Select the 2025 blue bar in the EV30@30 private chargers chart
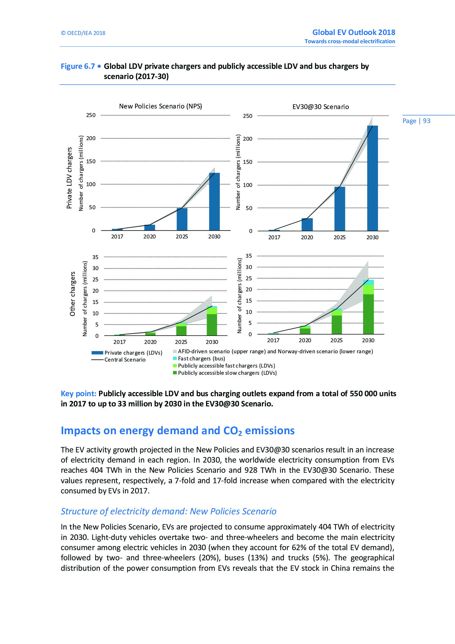tap(339, 209)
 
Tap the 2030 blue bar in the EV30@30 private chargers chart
tap(372, 178)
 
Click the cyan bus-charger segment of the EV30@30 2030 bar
tap(368, 282)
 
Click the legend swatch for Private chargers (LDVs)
tap(97, 353)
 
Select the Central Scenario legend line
tap(97, 360)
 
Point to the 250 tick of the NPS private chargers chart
tap(91, 115)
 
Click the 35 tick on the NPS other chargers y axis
tap(95, 257)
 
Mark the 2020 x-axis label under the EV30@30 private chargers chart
tap(307, 237)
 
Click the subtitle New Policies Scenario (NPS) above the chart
tap(161, 106)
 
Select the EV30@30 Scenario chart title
tap(320, 107)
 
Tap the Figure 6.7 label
tap(78, 66)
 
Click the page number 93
tap(426, 121)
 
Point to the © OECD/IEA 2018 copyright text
tap(83, 33)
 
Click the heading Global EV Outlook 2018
tap(353, 32)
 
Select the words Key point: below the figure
tap(78, 393)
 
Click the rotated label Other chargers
tap(73, 294)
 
